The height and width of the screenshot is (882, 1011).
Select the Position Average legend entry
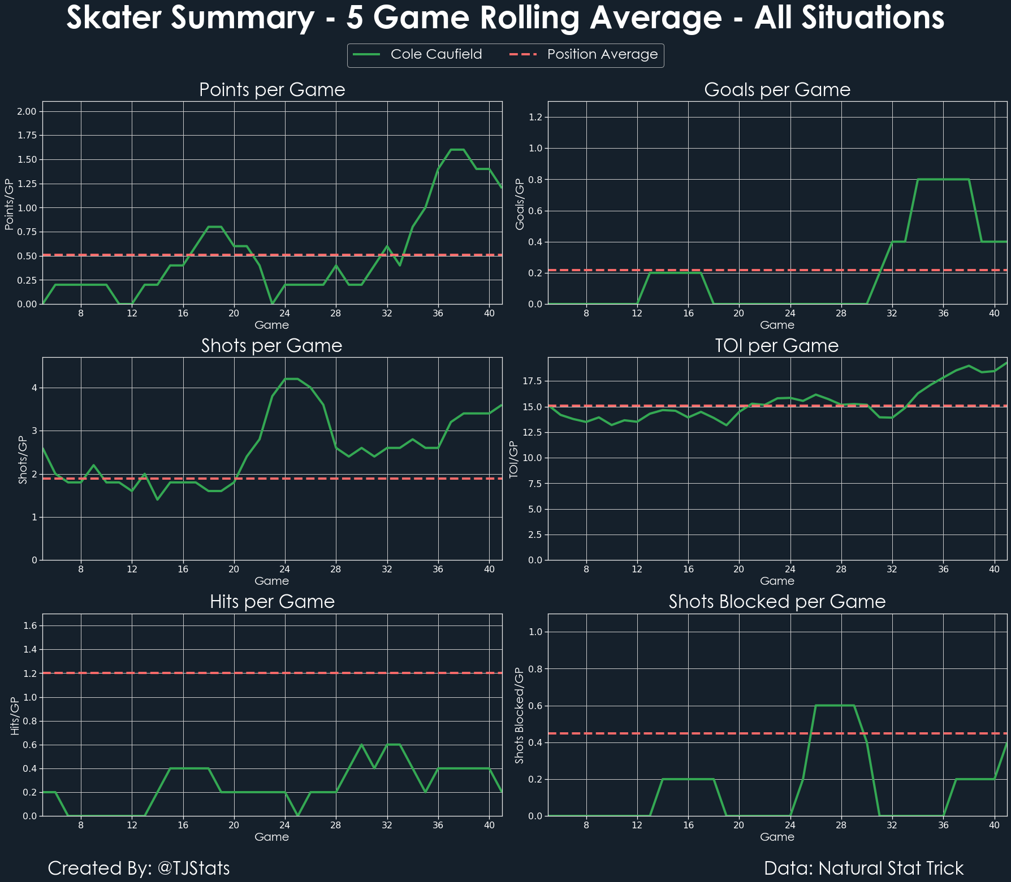pyautogui.click(x=602, y=55)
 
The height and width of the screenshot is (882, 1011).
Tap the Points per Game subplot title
pyautogui.click(x=272, y=90)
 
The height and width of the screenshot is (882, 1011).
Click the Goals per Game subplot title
pyautogui.click(x=777, y=90)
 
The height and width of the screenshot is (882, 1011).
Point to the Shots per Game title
pyautogui.click(x=272, y=346)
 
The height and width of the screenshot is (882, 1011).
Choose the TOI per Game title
pyautogui.click(x=777, y=346)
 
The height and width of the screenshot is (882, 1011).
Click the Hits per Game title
pyautogui.click(x=272, y=602)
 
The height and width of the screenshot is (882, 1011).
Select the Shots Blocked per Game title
pyautogui.click(x=777, y=602)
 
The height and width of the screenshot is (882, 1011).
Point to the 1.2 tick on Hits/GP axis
pyautogui.click(x=31, y=674)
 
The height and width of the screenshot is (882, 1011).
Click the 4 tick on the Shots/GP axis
pyautogui.click(x=34, y=388)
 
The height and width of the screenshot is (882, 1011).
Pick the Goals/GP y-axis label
pyautogui.click(x=520, y=204)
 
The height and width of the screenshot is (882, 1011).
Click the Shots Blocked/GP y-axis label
pyautogui.click(x=520, y=715)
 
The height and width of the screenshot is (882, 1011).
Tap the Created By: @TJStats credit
pyautogui.click(x=139, y=868)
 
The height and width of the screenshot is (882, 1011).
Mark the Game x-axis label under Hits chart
pyautogui.click(x=272, y=837)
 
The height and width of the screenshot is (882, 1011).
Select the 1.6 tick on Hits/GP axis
pyautogui.click(x=31, y=625)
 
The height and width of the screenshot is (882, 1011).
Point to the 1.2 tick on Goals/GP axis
pyautogui.click(x=535, y=118)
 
